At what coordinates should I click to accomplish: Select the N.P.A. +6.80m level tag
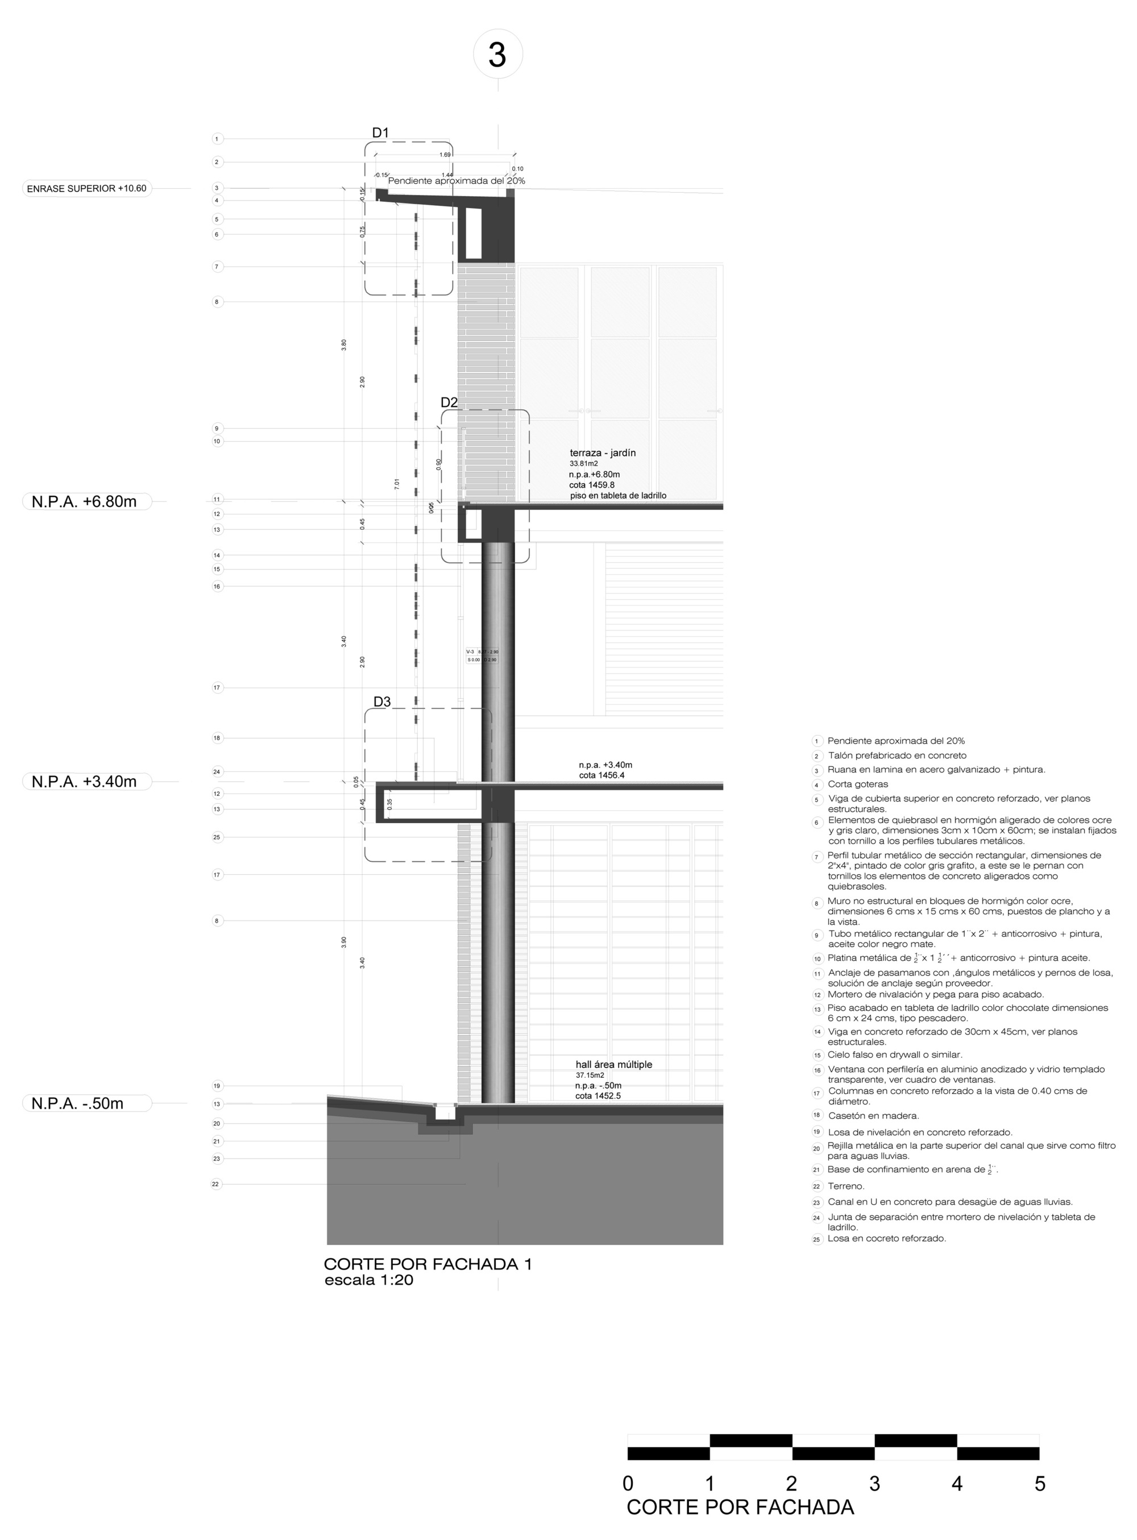click(x=84, y=501)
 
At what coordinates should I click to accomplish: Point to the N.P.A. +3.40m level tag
click(x=84, y=782)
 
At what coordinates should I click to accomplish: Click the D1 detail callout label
click(x=380, y=133)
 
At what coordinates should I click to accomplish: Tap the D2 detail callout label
click(x=449, y=402)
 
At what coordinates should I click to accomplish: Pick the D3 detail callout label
click(x=382, y=702)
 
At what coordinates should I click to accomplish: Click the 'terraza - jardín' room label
click(x=602, y=453)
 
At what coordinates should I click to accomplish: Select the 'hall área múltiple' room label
click(x=613, y=1065)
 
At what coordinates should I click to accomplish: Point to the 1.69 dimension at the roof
click(x=445, y=155)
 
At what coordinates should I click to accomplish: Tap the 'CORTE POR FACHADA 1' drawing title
click(x=428, y=1264)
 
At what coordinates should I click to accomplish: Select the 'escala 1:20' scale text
click(x=369, y=1281)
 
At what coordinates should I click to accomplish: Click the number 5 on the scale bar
click(x=1039, y=1484)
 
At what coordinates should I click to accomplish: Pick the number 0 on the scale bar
click(x=628, y=1484)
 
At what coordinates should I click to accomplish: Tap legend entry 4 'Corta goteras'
click(x=857, y=784)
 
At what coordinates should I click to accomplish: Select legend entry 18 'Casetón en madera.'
click(x=873, y=1116)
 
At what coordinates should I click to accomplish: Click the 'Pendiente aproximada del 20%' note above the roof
click(x=457, y=181)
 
